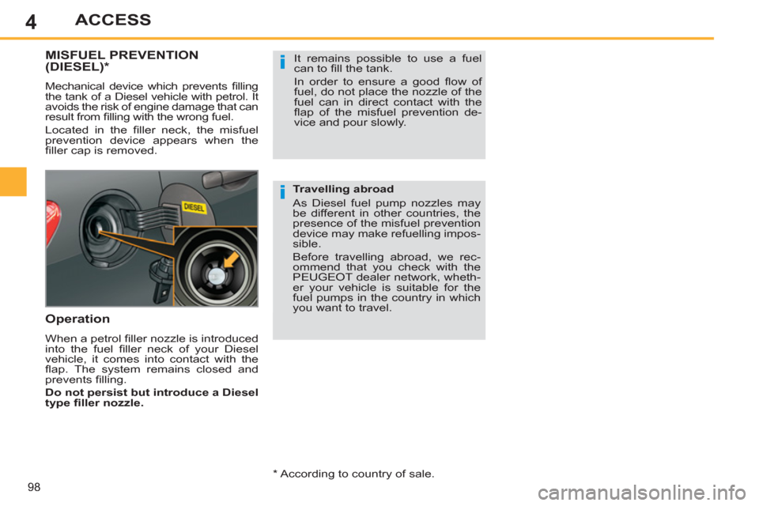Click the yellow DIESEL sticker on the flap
[x=194, y=206]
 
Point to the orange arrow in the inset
[x=230, y=261]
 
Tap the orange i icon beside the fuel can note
[x=281, y=64]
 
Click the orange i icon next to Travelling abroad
[x=281, y=193]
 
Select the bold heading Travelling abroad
[x=342, y=190]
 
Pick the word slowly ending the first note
[x=386, y=123]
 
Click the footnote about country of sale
[x=353, y=474]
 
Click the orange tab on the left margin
[x=14, y=181]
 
